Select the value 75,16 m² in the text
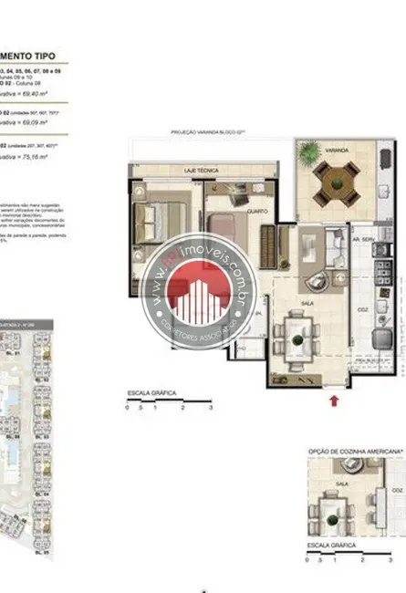click(x=36, y=157)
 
